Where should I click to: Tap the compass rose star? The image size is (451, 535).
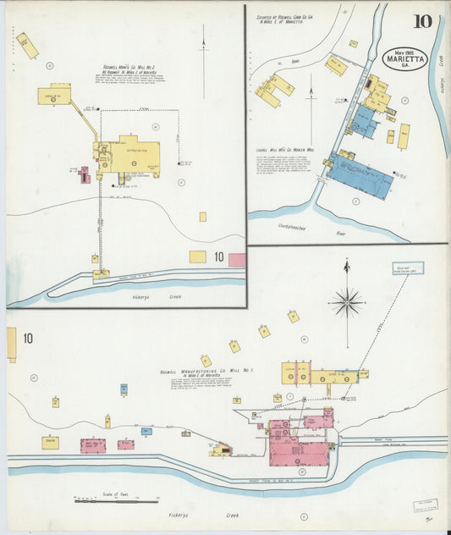coord(347,301)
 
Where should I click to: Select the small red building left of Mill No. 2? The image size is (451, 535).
coord(84,175)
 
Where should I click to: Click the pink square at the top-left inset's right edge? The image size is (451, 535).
coord(237,260)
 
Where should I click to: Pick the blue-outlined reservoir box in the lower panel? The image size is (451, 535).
coord(408,268)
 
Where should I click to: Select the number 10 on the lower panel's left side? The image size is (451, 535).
coord(28,339)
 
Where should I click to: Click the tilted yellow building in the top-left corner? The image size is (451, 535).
coord(28,46)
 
